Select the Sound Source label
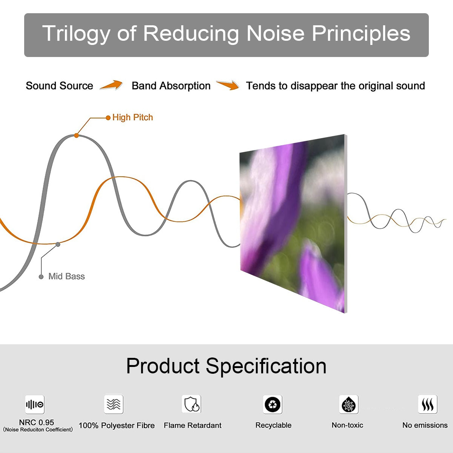[59, 86]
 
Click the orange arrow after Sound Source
[111, 85]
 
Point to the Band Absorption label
[171, 86]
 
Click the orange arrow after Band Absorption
[228, 85]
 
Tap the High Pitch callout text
[133, 117]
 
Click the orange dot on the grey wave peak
[76, 135]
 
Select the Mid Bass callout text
[66, 276]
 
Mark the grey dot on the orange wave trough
[58, 244]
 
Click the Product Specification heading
[226, 366]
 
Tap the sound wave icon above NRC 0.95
[35, 405]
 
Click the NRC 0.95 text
[37, 422]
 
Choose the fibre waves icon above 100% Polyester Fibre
[114, 404]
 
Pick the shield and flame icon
[192, 404]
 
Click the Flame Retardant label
[193, 425]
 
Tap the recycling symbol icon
[273, 405]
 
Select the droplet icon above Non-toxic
[348, 405]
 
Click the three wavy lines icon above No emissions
[427, 405]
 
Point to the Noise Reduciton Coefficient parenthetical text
[38, 430]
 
